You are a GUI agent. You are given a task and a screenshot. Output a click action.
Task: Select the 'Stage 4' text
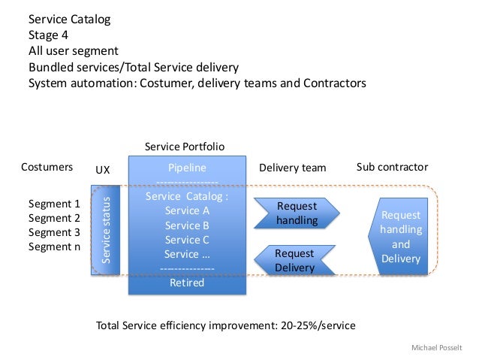pos(50,35)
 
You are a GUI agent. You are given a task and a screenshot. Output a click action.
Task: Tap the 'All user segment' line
pos(74,50)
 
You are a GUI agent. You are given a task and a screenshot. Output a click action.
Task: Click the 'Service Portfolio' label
pos(184,146)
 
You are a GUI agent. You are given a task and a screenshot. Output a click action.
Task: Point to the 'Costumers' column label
pos(47,167)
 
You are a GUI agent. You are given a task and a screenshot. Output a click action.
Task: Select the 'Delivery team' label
pos(292,167)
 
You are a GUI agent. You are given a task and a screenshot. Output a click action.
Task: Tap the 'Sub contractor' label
pos(392,167)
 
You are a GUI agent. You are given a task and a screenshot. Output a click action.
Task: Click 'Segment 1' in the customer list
pos(53,204)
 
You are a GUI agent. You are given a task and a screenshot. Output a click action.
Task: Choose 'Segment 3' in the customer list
pos(53,232)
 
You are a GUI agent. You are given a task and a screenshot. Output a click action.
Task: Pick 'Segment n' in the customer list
pos(53,247)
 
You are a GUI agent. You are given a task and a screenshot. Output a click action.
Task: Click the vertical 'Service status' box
pos(106,230)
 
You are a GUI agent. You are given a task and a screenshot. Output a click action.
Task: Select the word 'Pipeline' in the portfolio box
pos(186,168)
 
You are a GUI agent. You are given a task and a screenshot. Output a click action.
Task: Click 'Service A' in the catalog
pos(187,210)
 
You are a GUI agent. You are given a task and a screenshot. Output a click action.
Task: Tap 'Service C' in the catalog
pos(187,240)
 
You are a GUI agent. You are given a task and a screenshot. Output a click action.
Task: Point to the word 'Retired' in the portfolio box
pos(187,283)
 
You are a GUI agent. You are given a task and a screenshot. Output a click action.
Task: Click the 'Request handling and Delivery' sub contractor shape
pos(399,237)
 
